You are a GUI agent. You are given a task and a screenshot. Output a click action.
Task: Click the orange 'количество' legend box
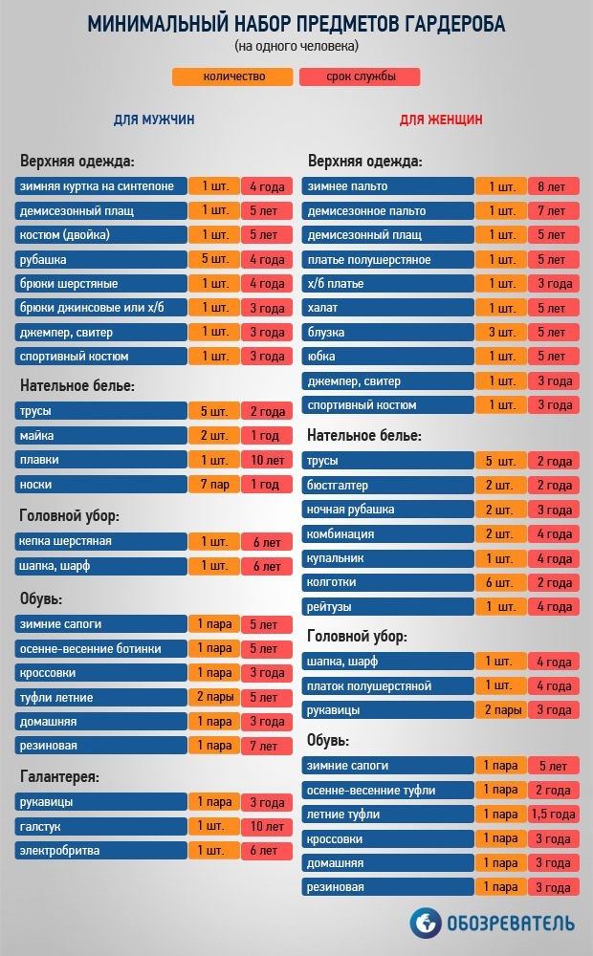233,77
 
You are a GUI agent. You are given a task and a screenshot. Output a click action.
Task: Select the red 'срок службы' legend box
361,77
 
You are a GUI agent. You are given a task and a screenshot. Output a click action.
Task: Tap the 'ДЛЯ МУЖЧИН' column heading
154,119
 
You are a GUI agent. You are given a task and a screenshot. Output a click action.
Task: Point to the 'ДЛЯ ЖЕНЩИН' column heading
440,119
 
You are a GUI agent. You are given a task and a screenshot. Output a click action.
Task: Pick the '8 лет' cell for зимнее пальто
553,186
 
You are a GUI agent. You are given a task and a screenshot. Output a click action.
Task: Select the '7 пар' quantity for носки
213,485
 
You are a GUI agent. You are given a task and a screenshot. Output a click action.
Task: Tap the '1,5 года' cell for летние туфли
553,815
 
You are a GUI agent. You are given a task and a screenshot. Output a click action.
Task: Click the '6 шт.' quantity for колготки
500,582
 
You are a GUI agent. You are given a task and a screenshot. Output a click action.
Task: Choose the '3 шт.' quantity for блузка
500,333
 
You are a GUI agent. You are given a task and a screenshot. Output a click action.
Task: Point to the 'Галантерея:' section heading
59,776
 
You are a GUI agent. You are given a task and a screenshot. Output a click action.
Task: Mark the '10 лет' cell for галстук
266,826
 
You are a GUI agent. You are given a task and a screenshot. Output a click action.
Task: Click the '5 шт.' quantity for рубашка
213,259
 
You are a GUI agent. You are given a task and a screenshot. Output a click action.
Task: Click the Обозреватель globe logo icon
427,923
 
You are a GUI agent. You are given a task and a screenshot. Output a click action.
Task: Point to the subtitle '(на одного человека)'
296,46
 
